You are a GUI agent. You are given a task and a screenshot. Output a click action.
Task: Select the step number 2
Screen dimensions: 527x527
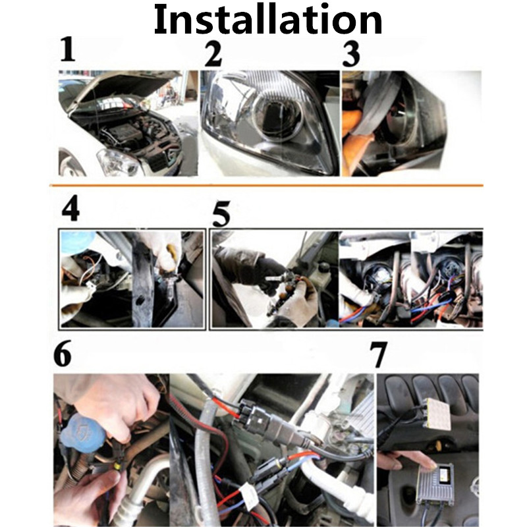click(213, 53)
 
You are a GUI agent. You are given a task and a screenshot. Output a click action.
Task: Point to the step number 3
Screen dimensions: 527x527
click(352, 53)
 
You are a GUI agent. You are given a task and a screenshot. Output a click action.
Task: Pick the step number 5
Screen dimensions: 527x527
click(222, 214)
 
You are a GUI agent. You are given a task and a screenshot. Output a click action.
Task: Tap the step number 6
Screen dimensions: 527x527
click(63, 355)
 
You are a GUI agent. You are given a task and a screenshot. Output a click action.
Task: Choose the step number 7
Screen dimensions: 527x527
click(379, 356)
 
